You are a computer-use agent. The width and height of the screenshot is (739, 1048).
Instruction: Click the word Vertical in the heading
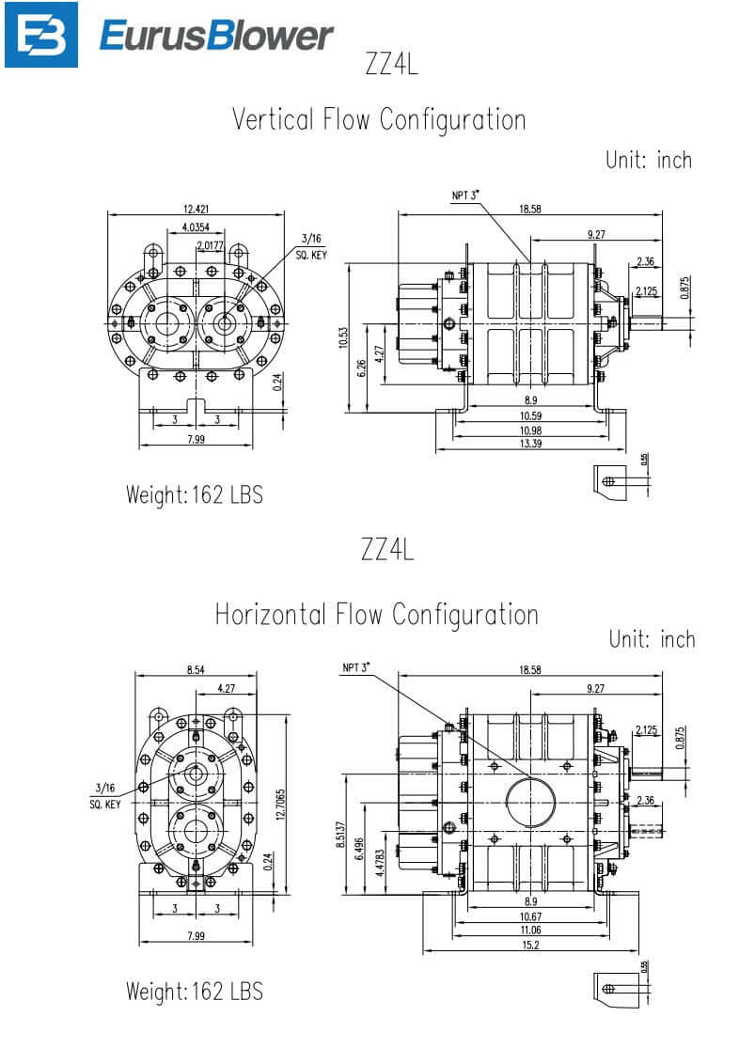(x=273, y=120)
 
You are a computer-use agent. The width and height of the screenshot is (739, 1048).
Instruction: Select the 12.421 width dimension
(x=197, y=208)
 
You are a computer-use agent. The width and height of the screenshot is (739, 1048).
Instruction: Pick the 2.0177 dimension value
(x=211, y=246)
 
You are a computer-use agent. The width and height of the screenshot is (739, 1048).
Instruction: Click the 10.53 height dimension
(x=342, y=336)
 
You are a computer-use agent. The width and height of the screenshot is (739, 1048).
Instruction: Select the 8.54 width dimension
(x=196, y=669)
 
